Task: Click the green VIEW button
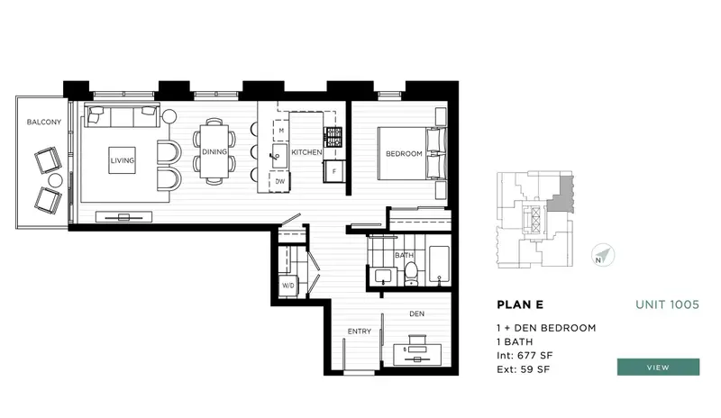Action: tap(658, 367)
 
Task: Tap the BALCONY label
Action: tap(43, 122)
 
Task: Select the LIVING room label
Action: tap(123, 161)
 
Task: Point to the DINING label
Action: tap(214, 152)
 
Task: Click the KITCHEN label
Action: tap(306, 153)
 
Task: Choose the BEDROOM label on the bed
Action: tap(404, 154)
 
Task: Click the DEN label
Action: tap(416, 313)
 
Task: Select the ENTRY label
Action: tap(360, 332)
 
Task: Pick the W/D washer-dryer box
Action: tap(288, 286)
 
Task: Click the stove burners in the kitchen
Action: tap(333, 137)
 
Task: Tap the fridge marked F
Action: tap(334, 170)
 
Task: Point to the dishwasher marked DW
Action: tap(280, 181)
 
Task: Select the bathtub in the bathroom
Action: tap(439, 266)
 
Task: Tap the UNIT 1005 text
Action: tap(668, 304)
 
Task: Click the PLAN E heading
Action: tap(520, 304)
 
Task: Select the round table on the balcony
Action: tap(55, 181)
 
